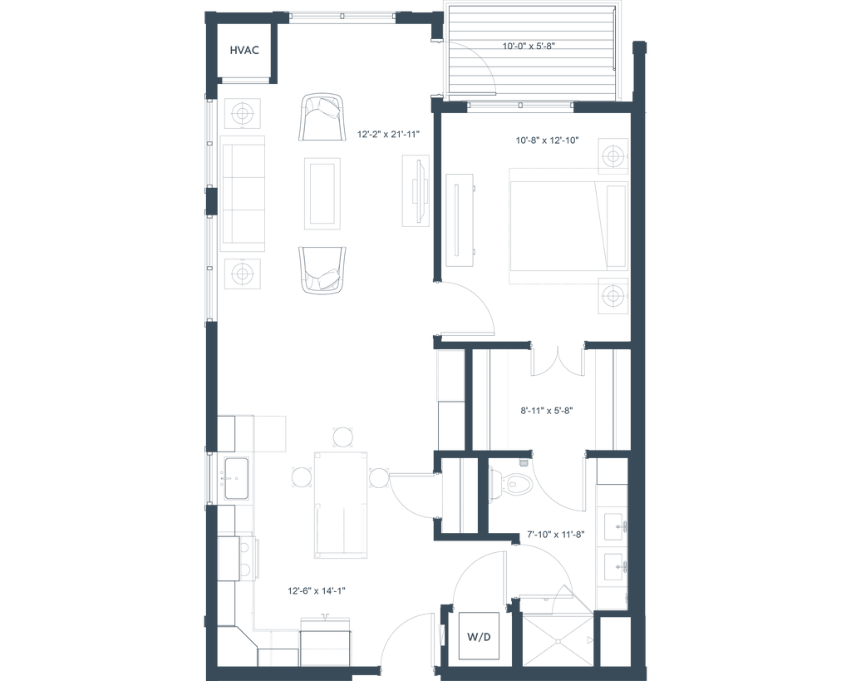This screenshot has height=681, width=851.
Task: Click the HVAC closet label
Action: coord(245,52)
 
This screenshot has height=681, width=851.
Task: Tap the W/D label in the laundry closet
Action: coord(480,639)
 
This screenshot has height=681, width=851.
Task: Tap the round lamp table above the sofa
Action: coord(242,113)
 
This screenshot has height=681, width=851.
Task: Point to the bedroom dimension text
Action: coord(545,141)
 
